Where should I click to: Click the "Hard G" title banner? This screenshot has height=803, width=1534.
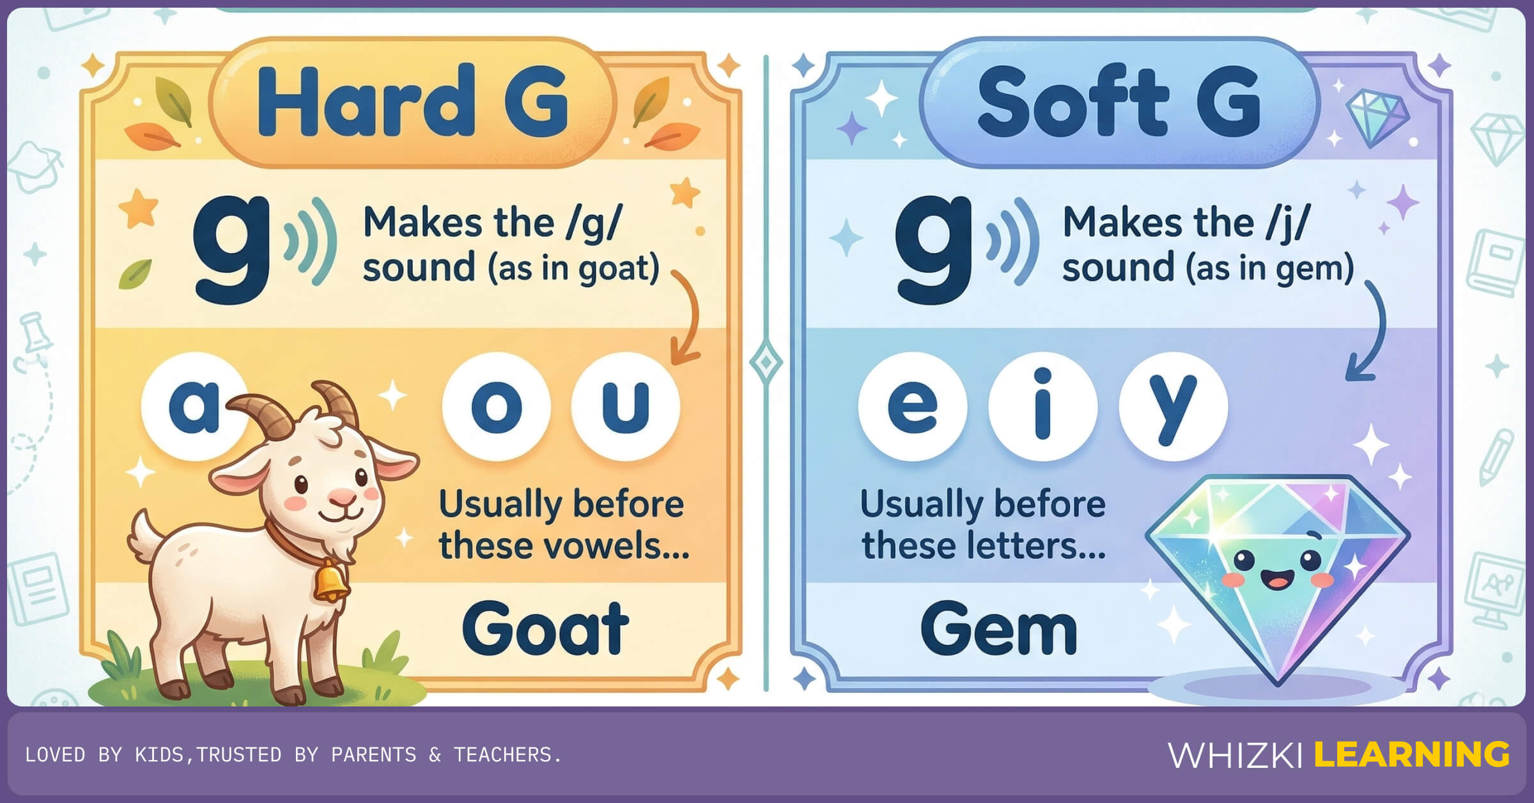point(412,102)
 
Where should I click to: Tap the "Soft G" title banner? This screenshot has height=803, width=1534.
point(1119,102)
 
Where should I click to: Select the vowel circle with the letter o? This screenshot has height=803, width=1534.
point(496,407)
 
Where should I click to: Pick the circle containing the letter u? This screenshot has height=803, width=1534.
point(625,407)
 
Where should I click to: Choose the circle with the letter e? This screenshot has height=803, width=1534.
point(913,407)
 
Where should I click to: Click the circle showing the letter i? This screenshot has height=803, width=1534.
point(1042,407)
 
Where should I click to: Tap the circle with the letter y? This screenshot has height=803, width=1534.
point(1173,407)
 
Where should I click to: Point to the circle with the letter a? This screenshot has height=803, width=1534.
point(192,407)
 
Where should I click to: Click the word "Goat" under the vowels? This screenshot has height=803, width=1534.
point(545,629)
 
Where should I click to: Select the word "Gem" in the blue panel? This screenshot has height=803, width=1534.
point(999,629)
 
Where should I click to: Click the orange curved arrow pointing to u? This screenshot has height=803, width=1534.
point(688,320)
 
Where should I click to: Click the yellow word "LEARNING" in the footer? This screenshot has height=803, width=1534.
point(1411,754)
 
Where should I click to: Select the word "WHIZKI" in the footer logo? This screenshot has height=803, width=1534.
point(1235,755)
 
